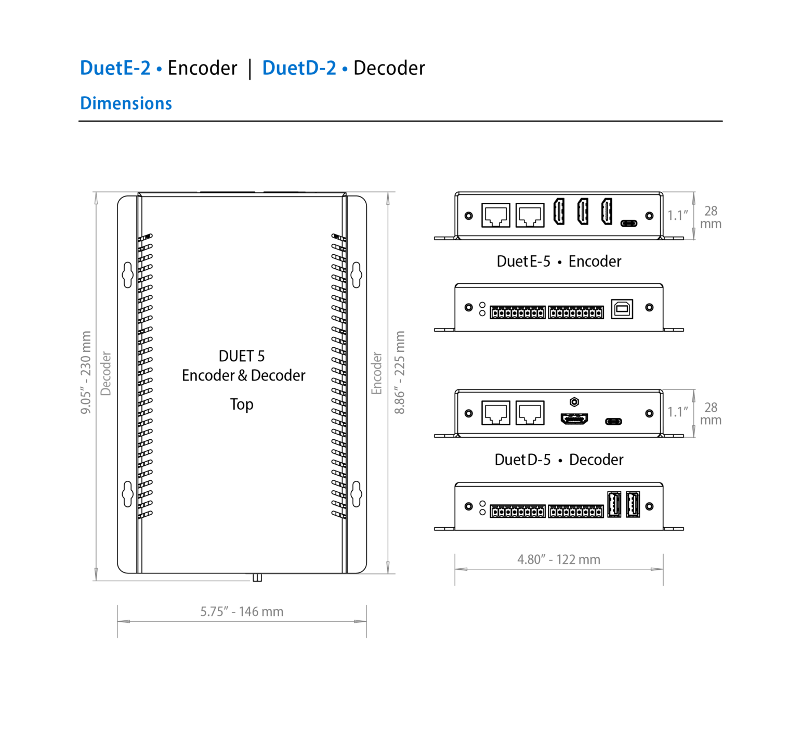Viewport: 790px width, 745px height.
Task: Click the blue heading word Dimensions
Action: click(x=126, y=103)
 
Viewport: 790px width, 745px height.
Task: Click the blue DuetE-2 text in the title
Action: click(x=115, y=68)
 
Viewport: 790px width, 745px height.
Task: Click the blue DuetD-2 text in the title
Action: click(x=299, y=68)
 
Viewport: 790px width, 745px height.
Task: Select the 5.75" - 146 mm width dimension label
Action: click(x=242, y=611)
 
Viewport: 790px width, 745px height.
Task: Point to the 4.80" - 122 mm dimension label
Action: click(x=558, y=559)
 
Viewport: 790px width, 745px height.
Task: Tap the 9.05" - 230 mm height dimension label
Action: click(x=86, y=372)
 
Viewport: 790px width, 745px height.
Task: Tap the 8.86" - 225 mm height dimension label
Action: click(x=399, y=372)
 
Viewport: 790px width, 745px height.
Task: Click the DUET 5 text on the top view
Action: click(x=242, y=356)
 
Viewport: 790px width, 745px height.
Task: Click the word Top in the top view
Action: click(x=242, y=404)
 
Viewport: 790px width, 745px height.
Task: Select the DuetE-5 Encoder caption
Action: click(x=559, y=261)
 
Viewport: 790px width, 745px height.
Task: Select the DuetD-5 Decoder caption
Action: click(x=559, y=460)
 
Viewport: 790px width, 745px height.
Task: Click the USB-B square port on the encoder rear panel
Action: click(x=622, y=308)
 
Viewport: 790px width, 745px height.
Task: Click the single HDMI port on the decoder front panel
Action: click(x=574, y=418)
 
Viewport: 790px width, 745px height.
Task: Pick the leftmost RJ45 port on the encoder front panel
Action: click(x=495, y=215)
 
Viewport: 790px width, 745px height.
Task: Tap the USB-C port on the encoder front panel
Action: click(x=629, y=224)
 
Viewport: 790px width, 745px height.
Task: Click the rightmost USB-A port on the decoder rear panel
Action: click(x=633, y=504)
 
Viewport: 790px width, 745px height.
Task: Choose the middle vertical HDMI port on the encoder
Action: click(x=583, y=212)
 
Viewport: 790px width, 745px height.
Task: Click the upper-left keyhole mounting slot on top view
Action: click(x=127, y=275)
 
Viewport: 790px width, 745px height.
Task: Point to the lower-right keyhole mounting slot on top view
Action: click(x=357, y=494)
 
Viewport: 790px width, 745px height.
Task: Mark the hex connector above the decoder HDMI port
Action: click(x=574, y=402)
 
